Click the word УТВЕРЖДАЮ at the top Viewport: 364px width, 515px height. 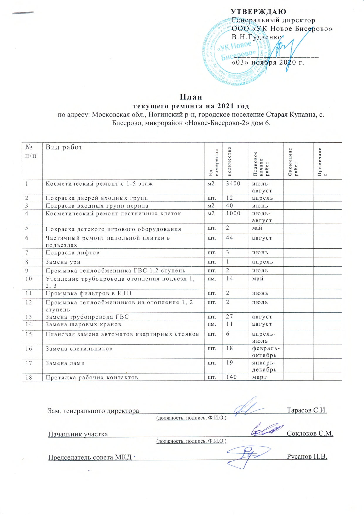click(x=258, y=12)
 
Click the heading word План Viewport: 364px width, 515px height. click(x=191, y=97)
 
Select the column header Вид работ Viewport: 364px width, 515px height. click(x=64, y=147)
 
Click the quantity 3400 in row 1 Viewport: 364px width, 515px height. click(x=233, y=184)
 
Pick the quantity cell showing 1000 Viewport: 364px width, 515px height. click(x=233, y=213)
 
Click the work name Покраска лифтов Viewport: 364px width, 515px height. click(x=73, y=253)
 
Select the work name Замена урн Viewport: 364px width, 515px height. click(x=63, y=262)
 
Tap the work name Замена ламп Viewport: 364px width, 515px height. click(x=65, y=363)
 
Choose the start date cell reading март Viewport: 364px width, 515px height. click(x=259, y=377)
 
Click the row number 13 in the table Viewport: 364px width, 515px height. click(x=28, y=317)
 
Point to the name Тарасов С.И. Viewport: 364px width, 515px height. click(x=307, y=410)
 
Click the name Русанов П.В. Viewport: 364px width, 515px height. click(x=307, y=457)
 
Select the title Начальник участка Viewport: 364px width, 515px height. click(x=78, y=434)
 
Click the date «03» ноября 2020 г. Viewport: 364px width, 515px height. click(x=268, y=63)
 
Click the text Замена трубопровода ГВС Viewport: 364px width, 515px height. click(x=87, y=317)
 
